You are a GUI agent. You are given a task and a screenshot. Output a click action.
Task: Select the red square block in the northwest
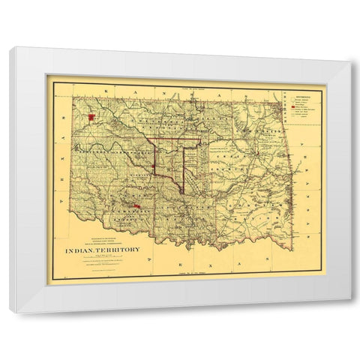[x=91, y=117]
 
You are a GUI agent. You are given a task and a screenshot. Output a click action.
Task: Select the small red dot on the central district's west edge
[x=153, y=166]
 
